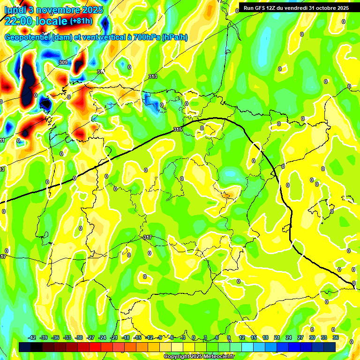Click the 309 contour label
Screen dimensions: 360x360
[x=63, y=62]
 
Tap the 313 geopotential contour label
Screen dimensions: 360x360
[x=153, y=76]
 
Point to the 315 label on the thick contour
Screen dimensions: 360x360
[x=178, y=129]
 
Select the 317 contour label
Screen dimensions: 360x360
[x=148, y=237]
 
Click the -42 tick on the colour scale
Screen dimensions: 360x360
[x=32, y=337]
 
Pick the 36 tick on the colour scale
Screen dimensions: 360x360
[x=335, y=337]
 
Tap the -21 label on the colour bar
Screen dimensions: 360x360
[x=114, y=337]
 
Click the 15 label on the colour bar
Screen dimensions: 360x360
[x=254, y=337]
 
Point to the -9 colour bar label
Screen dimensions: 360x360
[x=161, y=337]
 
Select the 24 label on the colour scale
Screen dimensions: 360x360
[x=288, y=337]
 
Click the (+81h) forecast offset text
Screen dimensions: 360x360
[x=81, y=21]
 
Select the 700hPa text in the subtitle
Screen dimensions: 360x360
[x=146, y=37]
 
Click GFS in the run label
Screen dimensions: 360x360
[x=262, y=8]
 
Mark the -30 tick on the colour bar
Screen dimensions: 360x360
[x=79, y=337]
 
